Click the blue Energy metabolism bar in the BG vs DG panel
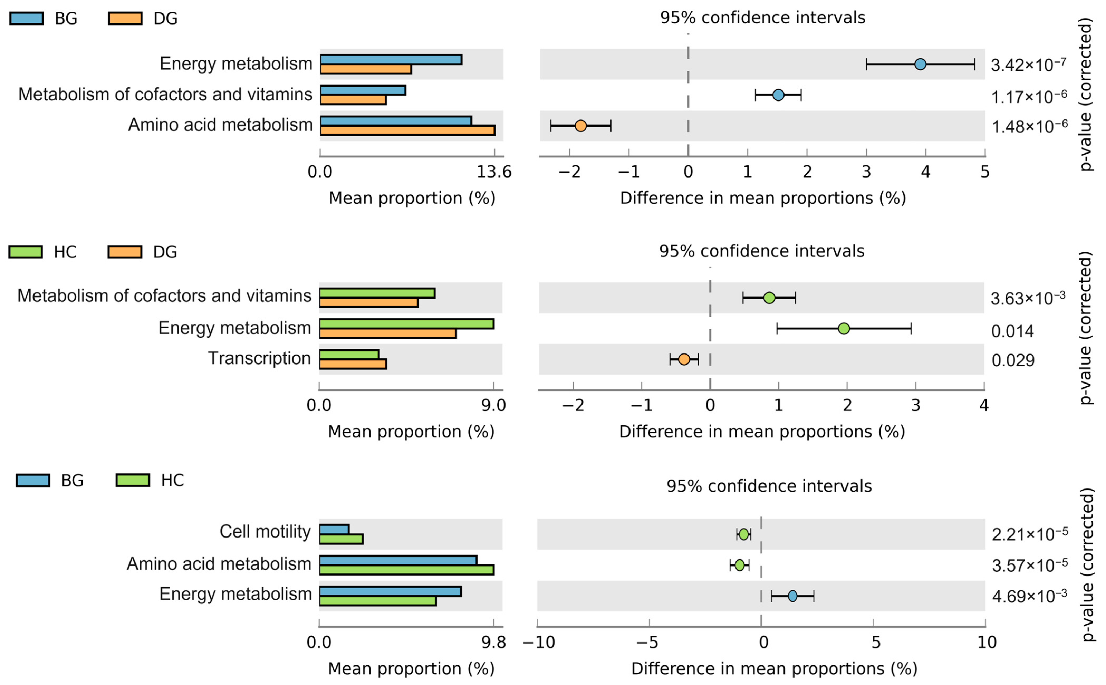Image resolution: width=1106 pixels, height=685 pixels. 391,59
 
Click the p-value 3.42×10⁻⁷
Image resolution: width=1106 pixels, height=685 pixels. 1028,65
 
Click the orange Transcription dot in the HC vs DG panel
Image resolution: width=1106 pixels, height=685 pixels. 684,359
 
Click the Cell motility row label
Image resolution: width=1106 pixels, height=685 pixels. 265,531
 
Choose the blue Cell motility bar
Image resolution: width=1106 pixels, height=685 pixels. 334,529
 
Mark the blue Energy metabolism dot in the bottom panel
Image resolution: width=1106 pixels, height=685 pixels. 792,596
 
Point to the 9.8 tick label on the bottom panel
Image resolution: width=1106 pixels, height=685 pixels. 494,643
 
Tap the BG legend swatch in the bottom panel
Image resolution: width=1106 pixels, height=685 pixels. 33,480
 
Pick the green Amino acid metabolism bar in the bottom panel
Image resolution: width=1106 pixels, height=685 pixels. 406,569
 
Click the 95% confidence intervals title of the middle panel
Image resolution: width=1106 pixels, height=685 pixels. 761,251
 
